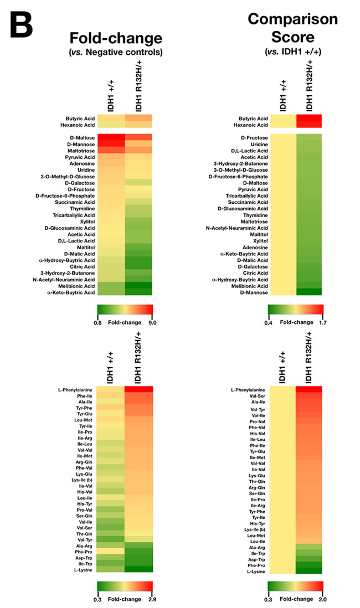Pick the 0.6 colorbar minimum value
102,321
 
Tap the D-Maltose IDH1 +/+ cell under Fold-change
111,137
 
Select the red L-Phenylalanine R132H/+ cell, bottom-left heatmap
138,389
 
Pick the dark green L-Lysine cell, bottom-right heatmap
308,571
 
